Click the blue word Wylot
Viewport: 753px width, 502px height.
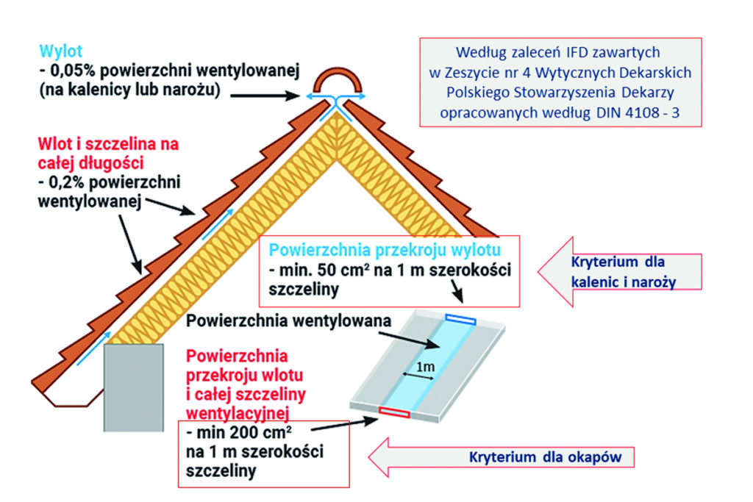[x=60, y=51]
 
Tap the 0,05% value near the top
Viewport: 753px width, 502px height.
[x=72, y=71]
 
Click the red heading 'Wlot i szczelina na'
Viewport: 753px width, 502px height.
[x=108, y=143]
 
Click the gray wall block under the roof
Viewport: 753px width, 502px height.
[x=134, y=387]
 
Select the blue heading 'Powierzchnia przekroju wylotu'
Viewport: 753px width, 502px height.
[x=385, y=250]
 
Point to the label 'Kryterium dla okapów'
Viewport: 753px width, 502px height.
[x=545, y=457]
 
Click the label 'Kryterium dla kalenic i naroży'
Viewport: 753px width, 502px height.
[x=624, y=272]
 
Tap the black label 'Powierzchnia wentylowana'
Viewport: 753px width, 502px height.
[x=288, y=320]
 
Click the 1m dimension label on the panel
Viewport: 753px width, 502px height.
[x=425, y=367]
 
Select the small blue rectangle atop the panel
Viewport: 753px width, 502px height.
[x=460, y=320]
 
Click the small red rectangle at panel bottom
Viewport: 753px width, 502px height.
[x=394, y=412]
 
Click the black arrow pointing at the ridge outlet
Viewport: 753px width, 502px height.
[x=265, y=96]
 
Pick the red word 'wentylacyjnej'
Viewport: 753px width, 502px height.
[x=238, y=413]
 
